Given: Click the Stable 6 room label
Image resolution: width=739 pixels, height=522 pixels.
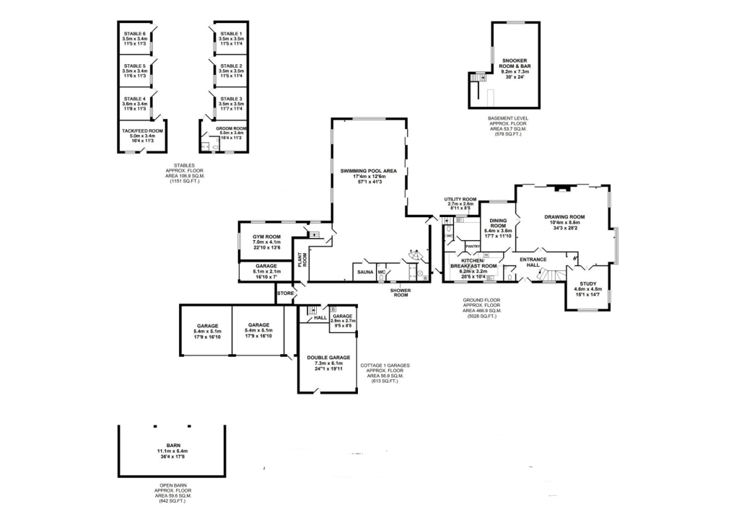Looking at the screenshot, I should tap(134, 34).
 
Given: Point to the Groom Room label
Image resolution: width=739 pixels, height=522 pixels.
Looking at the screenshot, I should tap(232, 128).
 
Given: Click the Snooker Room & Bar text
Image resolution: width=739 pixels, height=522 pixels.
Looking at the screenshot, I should tap(515, 63).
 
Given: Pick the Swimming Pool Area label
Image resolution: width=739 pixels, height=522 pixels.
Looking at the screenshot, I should tap(369, 171).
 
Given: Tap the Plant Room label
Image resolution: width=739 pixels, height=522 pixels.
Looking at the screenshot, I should tap(304, 258).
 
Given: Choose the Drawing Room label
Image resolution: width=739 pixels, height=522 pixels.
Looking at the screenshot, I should tap(564, 216).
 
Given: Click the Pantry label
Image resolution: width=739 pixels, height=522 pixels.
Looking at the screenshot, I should tap(473, 247).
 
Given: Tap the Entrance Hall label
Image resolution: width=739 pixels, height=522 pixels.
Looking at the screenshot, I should tap(533, 262).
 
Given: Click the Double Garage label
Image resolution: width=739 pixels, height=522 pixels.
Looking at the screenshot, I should tap(328, 358).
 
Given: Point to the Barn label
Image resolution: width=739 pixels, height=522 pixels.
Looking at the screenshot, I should tap(171, 446).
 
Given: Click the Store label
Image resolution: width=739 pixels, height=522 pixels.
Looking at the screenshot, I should tap(286, 293).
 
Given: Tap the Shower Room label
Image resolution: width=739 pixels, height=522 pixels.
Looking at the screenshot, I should tap(401, 293).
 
